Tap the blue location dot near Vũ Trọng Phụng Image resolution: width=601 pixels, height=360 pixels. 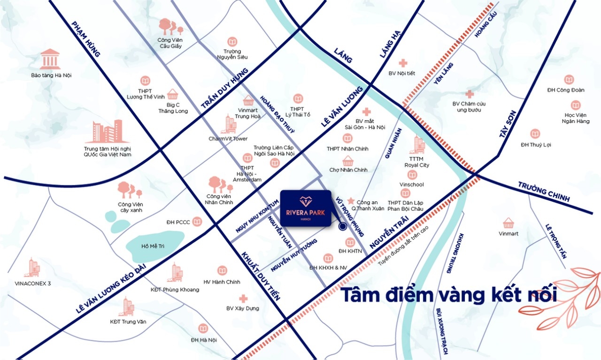coord(342,227)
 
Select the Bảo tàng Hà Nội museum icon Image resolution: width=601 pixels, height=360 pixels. coord(50,59)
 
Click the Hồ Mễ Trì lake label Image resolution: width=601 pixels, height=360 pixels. coord(154,246)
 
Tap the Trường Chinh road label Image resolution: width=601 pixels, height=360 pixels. coord(544,191)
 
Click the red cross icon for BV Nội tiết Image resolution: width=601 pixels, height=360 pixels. coord(402,63)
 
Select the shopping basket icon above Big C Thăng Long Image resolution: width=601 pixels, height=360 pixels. coord(172,94)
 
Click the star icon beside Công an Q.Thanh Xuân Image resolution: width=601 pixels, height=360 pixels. coord(350,201)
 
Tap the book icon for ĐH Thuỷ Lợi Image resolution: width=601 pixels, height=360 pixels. coord(535,134)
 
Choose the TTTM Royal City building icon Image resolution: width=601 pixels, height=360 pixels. coord(417,145)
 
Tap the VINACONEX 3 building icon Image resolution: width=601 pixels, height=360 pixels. coord(33,268)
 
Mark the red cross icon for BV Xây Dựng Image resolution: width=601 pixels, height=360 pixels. coord(243,299)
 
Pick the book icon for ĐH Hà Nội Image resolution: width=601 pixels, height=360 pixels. coord(203,329)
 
